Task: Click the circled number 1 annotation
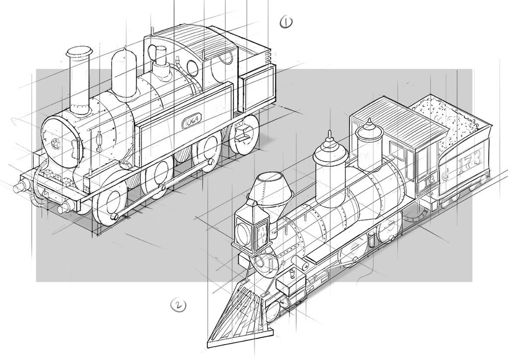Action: click(x=286, y=22)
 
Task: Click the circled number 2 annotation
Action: click(x=178, y=305)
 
